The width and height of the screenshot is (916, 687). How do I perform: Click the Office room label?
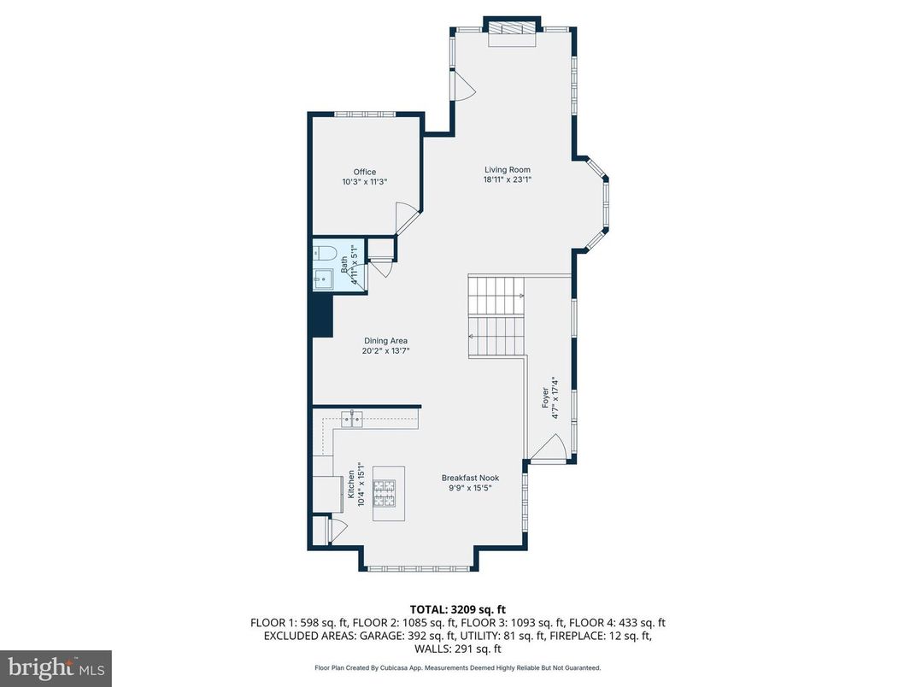365,172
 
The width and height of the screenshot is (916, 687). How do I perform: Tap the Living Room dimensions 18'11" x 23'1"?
508,179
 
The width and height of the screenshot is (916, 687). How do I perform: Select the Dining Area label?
385,341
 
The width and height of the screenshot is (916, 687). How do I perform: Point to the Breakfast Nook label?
470,478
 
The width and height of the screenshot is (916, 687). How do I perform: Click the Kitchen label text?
350,484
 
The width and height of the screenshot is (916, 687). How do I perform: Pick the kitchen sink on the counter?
352,418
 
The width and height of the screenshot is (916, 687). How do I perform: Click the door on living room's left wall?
462,85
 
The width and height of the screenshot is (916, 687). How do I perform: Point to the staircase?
496,316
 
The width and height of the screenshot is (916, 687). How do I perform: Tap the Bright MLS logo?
56,667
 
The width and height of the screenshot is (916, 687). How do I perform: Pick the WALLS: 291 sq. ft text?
457,649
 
